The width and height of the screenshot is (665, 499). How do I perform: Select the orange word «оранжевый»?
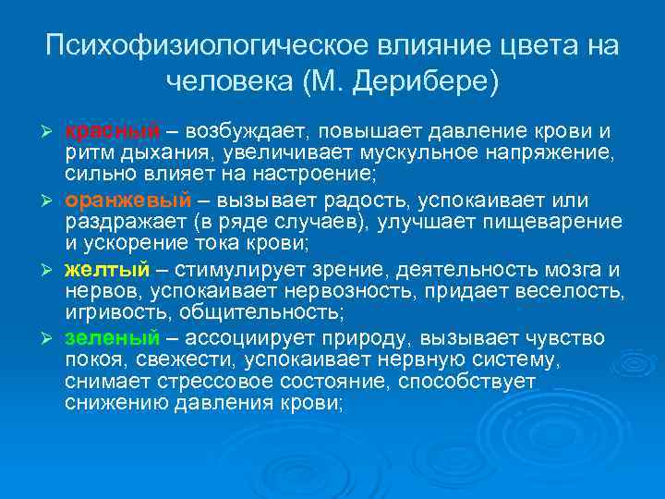coord(128,200)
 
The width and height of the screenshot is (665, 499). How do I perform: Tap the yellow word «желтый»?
coord(106,270)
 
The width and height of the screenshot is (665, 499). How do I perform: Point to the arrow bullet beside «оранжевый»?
coord(51,201)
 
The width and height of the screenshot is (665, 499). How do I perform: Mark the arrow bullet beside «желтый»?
coord(51,271)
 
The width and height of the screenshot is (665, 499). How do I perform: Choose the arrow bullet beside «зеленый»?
coord(51,338)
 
